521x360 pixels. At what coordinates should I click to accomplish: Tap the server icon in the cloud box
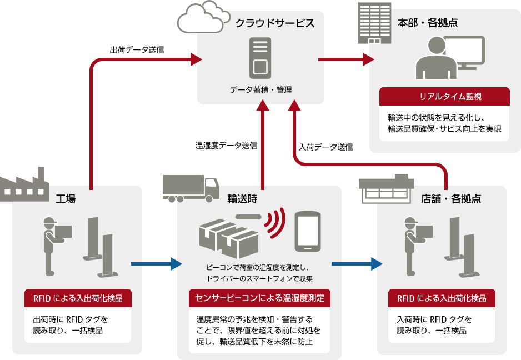260,58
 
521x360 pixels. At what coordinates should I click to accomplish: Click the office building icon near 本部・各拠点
374,23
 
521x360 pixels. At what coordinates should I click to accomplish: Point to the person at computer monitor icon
448,58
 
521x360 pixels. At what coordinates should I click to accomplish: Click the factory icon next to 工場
23,184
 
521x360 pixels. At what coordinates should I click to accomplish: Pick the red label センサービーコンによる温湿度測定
259,298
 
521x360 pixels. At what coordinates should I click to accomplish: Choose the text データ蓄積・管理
260,89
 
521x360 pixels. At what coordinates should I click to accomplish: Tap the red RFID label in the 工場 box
78,298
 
